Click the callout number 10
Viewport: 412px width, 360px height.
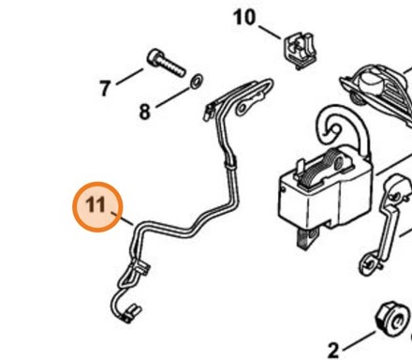pyautogui.click(x=244, y=17)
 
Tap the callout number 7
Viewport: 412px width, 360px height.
pyautogui.click(x=105, y=88)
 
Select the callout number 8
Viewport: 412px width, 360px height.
pyautogui.click(x=144, y=112)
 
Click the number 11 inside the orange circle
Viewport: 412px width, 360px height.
pyautogui.click(x=96, y=204)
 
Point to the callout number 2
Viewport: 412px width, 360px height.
pyautogui.click(x=333, y=351)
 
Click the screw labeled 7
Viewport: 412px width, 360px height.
pyautogui.click(x=166, y=63)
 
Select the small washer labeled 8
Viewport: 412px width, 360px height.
pyautogui.click(x=197, y=81)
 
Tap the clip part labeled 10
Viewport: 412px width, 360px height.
pyautogui.click(x=300, y=51)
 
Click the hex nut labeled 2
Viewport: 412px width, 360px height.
pyautogui.click(x=392, y=319)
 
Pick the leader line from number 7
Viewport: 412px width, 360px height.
pyautogui.click(x=129, y=77)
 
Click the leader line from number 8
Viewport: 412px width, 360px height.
pyautogui.click(x=172, y=97)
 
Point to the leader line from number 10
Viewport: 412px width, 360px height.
pyautogui.click(x=270, y=33)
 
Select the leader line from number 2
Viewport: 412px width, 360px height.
pyautogui.click(x=359, y=340)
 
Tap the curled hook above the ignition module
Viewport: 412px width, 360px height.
pyautogui.click(x=342, y=129)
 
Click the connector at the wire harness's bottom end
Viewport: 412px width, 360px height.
pyautogui.click(x=130, y=314)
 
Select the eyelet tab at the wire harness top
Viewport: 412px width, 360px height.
pyautogui.click(x=250, y=102)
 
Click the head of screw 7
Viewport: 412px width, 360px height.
pyautogui.click(x=154, y=57)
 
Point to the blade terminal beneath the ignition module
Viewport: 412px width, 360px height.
pyautogui.click(x=306, y=238)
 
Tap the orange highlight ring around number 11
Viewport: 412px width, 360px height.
pyautogui.click(x=97, y=183)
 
